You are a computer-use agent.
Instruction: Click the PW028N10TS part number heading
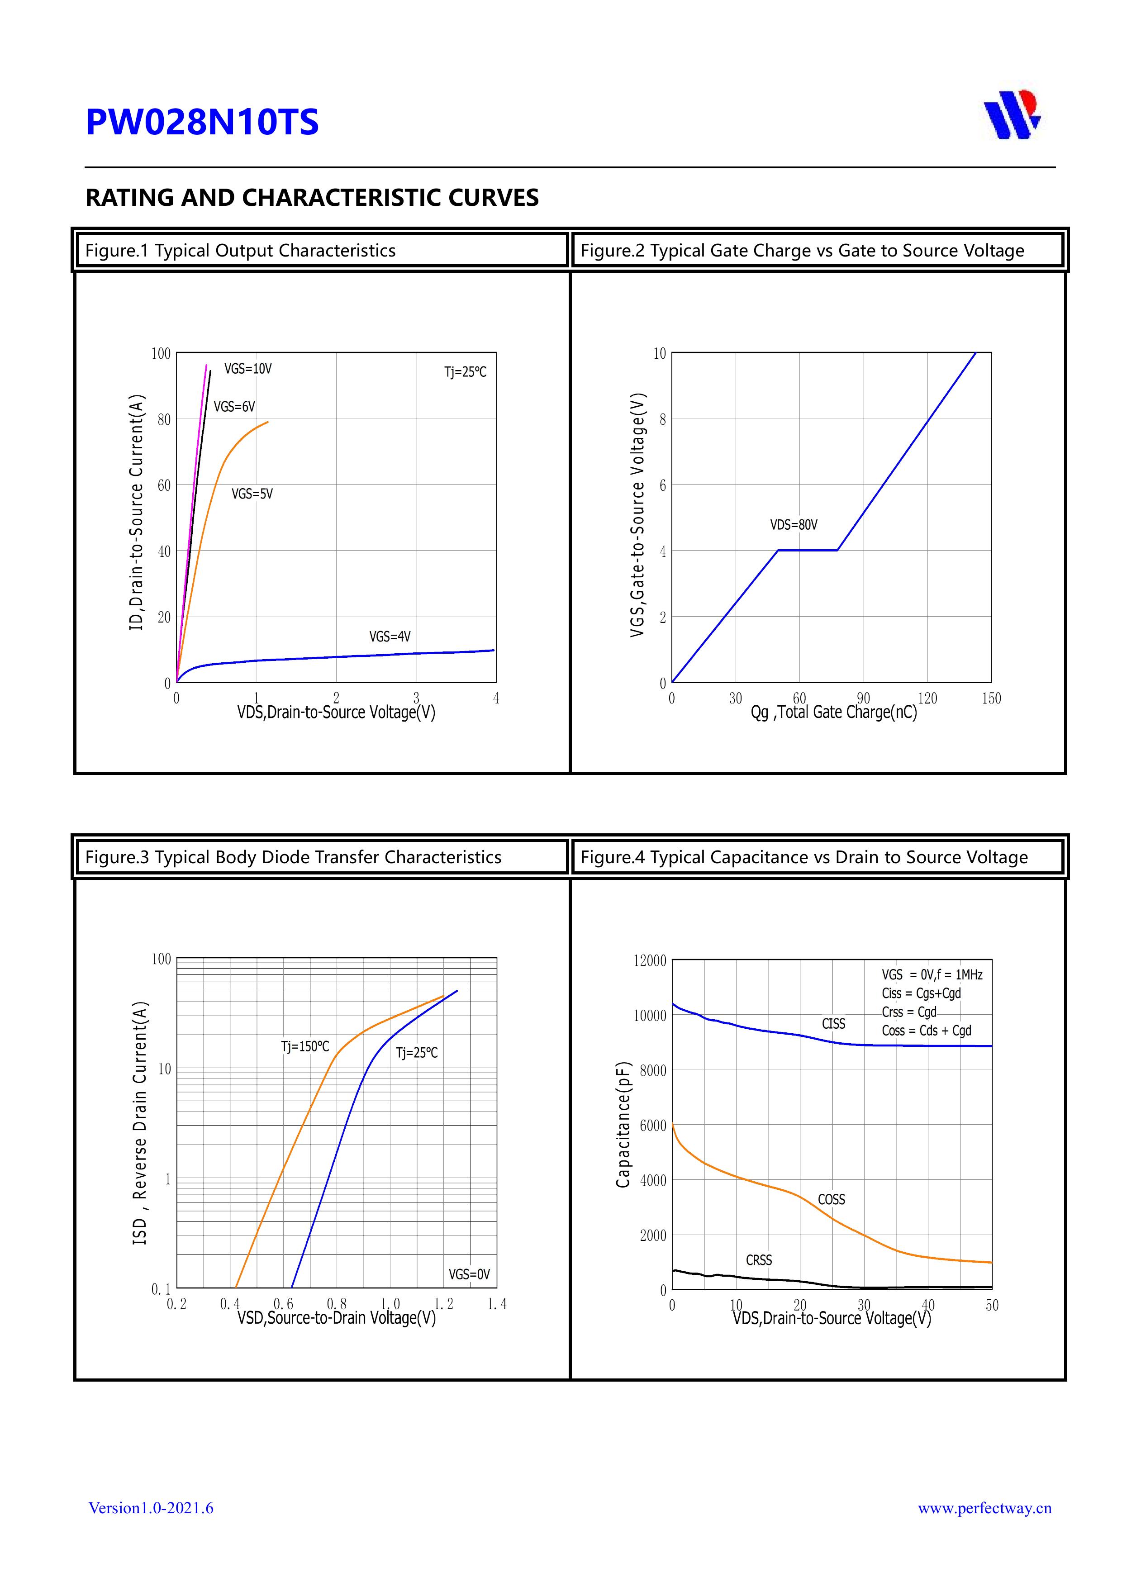tap(202, 122)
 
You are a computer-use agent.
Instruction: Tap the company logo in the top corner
tap(1012, 115)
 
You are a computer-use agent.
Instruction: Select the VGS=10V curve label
tap(247, 369)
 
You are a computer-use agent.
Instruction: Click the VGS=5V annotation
tap(252, 494)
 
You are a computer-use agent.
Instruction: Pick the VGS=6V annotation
tap(233, 407)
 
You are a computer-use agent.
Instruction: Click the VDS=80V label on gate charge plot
tap(794, 525)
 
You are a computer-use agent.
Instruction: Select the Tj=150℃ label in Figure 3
tap(305, 1046)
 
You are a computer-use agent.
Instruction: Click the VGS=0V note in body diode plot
tap(469, 1274)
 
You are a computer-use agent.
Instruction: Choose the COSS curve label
tap(831, 1199)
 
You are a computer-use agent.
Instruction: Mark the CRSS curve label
tap(758, 1260)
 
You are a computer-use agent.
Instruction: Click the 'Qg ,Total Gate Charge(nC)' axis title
tap(834, 713)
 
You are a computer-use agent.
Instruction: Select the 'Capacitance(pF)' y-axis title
tap(623, 1125)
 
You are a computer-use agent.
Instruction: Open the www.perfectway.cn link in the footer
tap(984, 1508)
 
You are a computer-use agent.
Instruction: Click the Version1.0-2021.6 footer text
tap(151, 1508)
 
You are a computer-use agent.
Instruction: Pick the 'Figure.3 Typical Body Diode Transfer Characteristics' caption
tap(293, 857)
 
